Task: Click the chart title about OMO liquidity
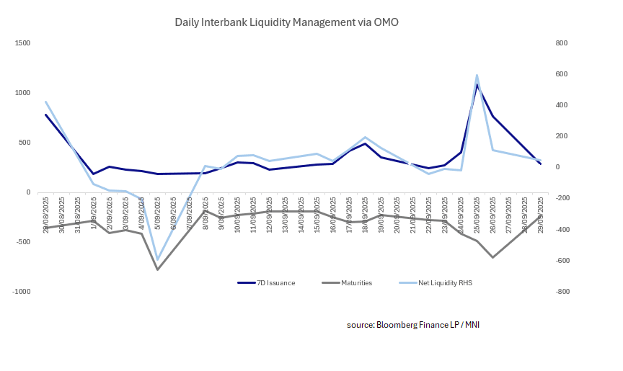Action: [286, 22]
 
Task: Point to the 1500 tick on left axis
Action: [22, 43]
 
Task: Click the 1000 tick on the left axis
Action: [22, 93]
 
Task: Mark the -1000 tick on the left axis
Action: [22, 292]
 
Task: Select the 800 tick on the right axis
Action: [562, 43]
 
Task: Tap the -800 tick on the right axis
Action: [561, 292]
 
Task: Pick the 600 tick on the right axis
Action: [562, 74]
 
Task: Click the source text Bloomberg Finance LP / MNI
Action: [413, 325]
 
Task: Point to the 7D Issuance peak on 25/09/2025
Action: [477, 85]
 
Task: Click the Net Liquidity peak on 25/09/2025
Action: [477, 75]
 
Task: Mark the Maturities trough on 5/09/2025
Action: [157, 269]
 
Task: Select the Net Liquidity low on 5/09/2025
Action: [157, 260]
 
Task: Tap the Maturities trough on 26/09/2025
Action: [492, 257]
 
